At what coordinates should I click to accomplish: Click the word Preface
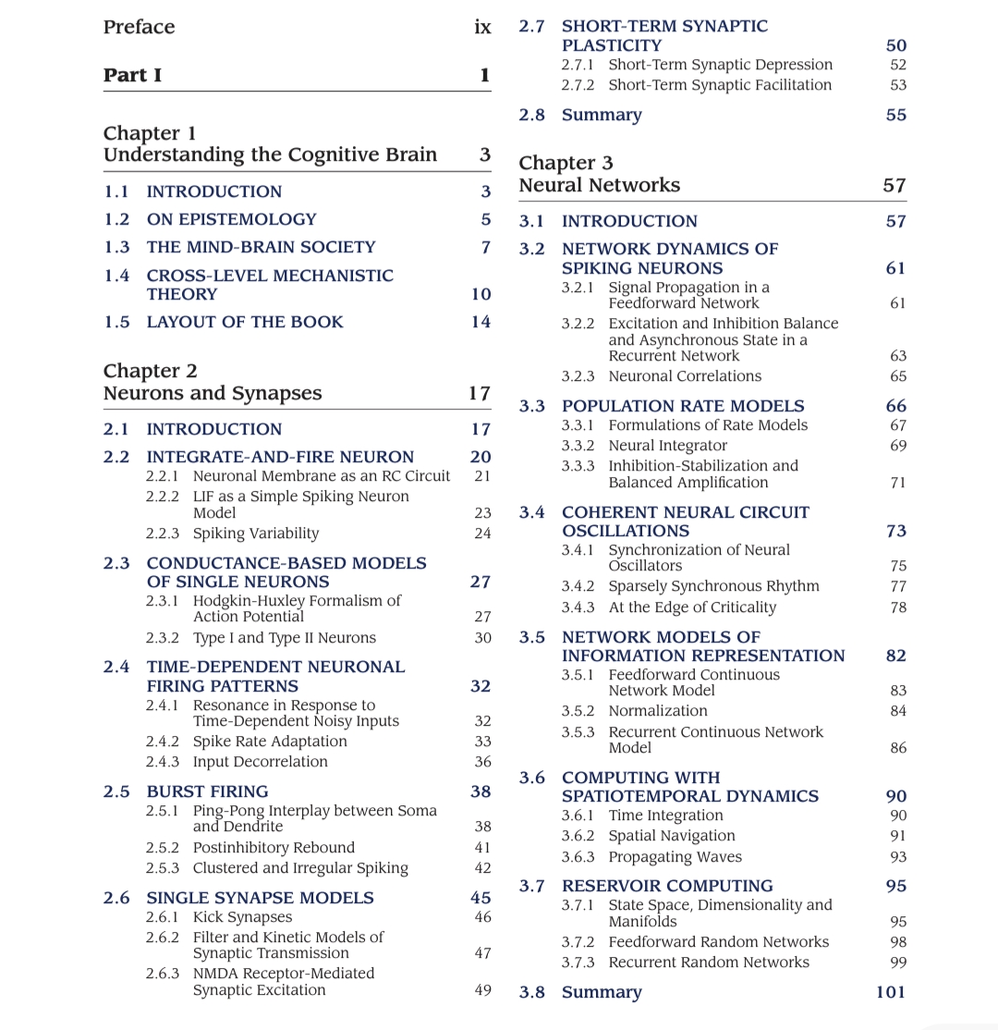click(139, 27)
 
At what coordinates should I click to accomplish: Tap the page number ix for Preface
click(482, 27)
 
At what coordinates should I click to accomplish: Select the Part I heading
click(132, 75)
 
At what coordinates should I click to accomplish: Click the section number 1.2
click(116, 219)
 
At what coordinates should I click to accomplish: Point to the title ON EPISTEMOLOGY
click(231, 219)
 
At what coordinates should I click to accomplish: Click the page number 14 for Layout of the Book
click(481, 322)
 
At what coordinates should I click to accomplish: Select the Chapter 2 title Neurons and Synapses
click(213, 393)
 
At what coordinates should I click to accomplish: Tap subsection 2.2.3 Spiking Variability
click(255, 533)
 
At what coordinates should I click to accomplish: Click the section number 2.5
click(116, 791)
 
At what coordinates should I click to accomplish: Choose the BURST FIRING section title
click(207, 791)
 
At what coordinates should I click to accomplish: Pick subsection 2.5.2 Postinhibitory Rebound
click(273, 847)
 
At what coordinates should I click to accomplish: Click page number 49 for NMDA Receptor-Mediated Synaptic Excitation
click(482, 990)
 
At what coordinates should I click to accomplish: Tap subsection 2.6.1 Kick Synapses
click(242, 917)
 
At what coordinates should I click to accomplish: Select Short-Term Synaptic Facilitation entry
click(719, 85)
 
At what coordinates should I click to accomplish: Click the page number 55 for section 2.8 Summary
click(895, 115)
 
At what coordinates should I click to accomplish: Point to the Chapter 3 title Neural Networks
click(599, 185)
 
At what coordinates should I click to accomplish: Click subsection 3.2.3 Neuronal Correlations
click(684, 376)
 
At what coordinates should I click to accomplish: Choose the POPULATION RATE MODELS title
click(683, 406)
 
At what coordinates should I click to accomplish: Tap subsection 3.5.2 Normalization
click(657, 711)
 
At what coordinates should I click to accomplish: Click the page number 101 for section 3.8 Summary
click(891, 992)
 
